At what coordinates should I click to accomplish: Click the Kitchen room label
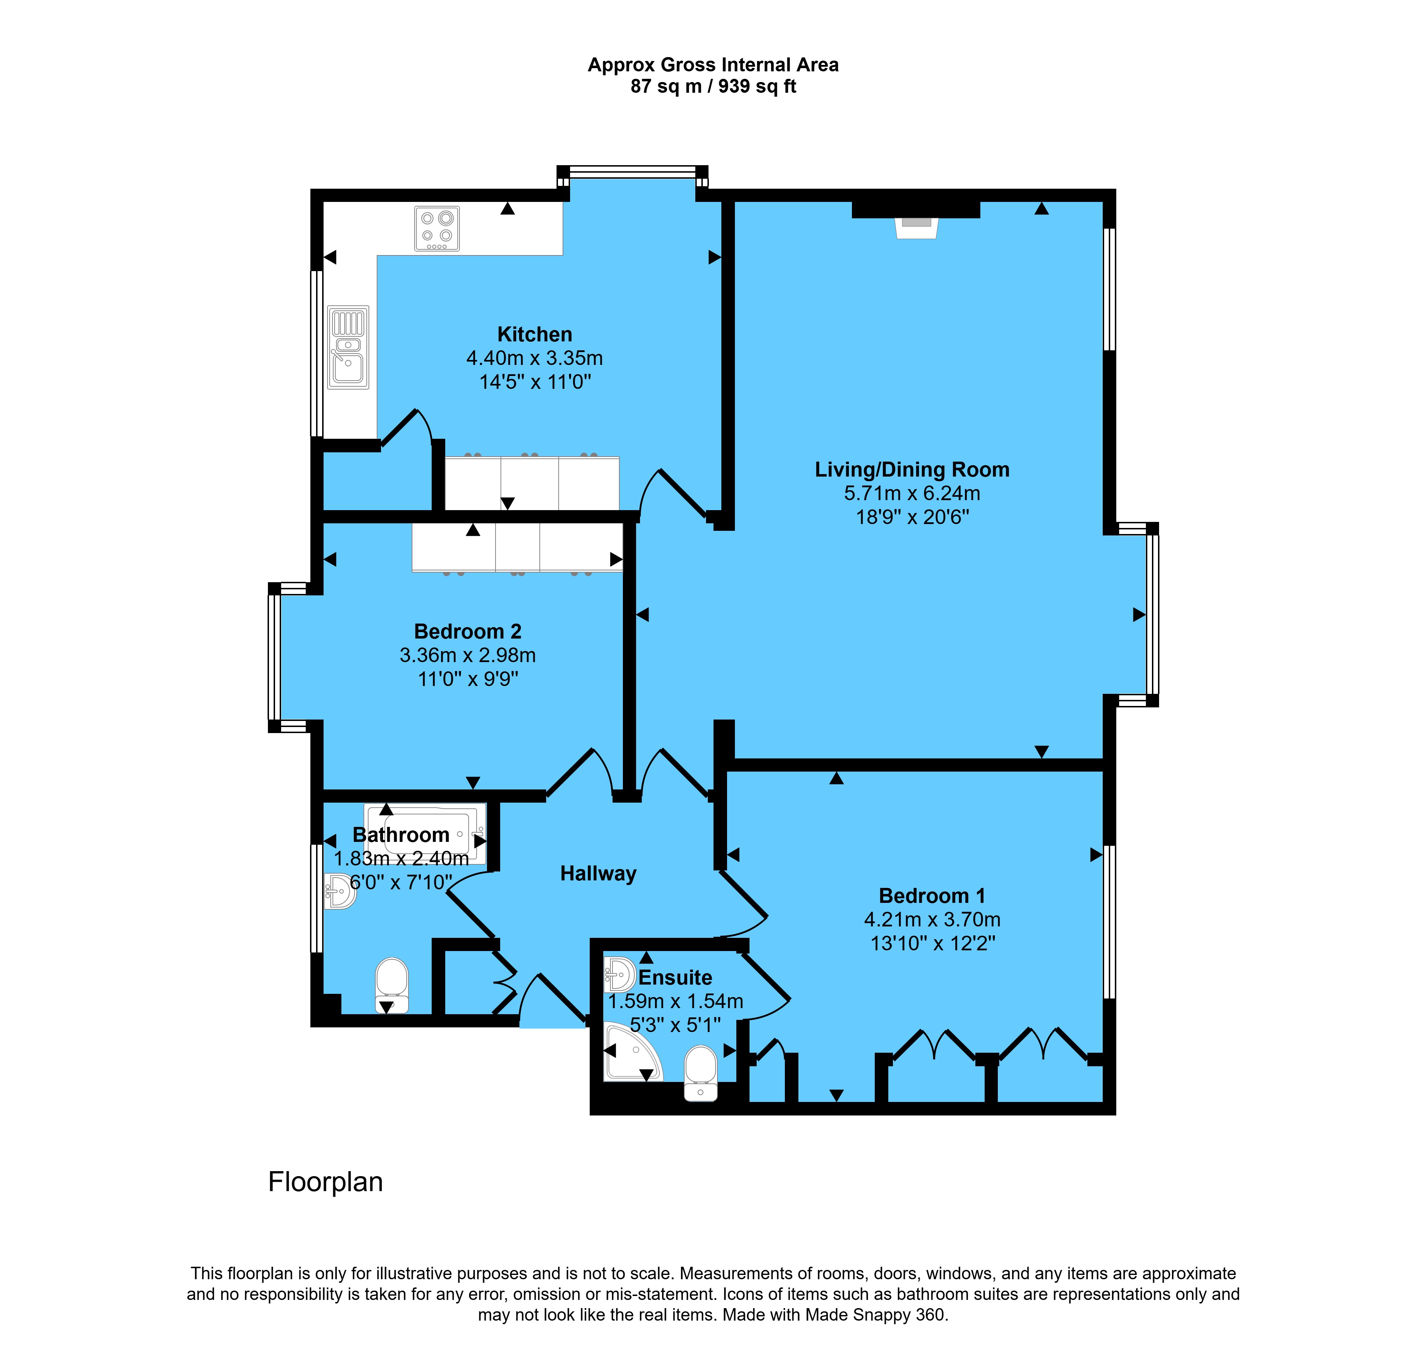click(535, 334)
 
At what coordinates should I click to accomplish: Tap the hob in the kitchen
click(437, 228)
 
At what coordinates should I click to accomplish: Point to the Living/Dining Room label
click(912, 470)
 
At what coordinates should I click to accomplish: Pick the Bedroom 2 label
click(468, 631)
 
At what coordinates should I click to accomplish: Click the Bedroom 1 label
click(932, 896)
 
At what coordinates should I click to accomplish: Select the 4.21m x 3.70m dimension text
click(932, 920)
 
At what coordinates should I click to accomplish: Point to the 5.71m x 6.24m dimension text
click(912, 494)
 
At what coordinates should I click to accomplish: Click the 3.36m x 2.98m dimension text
click(468, 655)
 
